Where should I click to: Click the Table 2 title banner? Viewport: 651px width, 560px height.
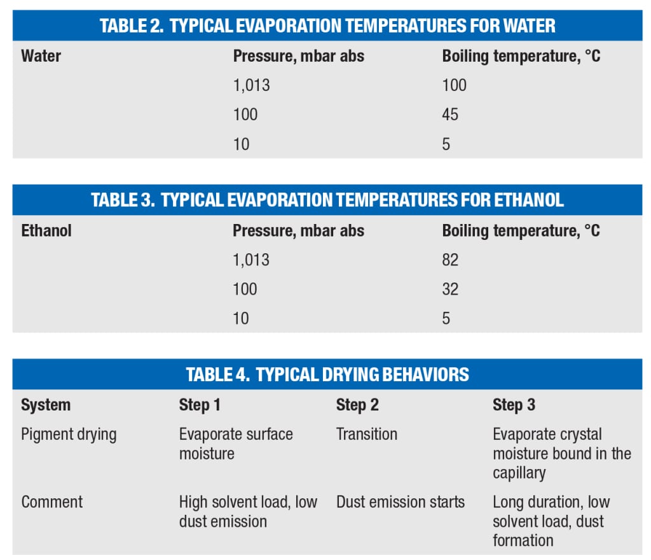click(x=327, y=25)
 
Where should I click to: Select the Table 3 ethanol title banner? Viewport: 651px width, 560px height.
click(x=327, y=200)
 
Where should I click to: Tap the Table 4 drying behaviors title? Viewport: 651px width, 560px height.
click(x=327, y=374)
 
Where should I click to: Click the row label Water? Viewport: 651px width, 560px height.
click(x=41, y=56)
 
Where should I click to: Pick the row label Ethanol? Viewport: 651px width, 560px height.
click(x=46, y=230)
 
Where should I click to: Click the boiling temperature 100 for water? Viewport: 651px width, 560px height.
click(x=454, y=85)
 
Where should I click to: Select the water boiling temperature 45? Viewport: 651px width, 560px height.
click(x=450, y=115)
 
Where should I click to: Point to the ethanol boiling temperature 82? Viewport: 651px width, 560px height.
click(x=450, y=260)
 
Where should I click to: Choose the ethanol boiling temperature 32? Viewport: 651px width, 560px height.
click(x=450, y=289)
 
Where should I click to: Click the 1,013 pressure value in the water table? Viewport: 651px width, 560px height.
click(x=251, y=85)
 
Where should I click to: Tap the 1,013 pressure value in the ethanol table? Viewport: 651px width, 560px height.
click(x=251, y=260)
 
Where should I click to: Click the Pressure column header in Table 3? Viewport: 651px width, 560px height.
click(x=298, y=230)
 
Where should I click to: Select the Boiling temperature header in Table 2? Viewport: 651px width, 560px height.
click(x=521, y=56)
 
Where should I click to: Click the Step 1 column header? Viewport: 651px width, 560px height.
click(x=199, y=405)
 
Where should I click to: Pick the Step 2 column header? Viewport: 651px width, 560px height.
click(x=357, y=405)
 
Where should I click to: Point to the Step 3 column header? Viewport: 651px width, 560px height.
click(x=514, y=405)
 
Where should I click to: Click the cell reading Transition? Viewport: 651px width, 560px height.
click(x=366, y=434)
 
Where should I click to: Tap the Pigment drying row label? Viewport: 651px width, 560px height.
click(x=69, y=434)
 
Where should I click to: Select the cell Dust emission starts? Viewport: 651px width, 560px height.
click(x=400, y=501)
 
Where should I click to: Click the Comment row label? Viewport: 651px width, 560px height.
click(x=51, y=501)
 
